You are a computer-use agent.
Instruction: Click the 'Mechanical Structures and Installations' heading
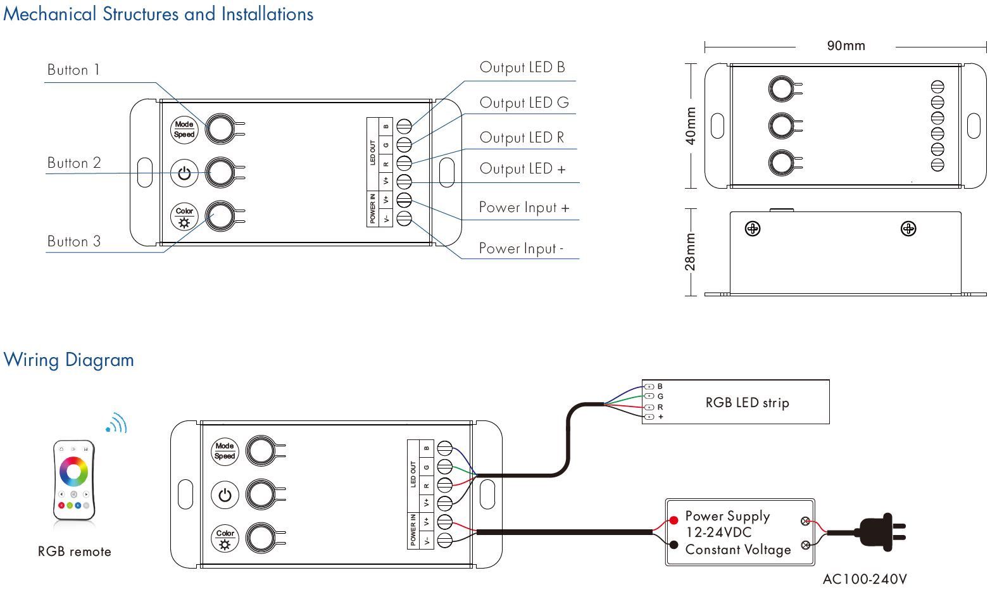(x=158, y=14)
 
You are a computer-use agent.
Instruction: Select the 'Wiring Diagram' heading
(x=68, y=360)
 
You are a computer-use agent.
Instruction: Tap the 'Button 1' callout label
(x=73, y=70)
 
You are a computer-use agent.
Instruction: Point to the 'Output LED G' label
(x=524, y=103)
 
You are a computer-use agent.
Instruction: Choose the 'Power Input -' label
(x=521, y=248)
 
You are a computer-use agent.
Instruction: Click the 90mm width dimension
(x=846, y=46)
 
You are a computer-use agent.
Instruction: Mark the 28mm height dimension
(x=690, y=251)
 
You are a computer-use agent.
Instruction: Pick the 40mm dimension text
(x=691, y=125)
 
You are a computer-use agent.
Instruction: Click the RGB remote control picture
(x=74, y=480)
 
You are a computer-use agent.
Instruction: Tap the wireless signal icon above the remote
(x=117, y=423)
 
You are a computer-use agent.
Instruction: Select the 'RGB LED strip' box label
(x=747, y=403)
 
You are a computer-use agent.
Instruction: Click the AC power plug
(x=880, y=532)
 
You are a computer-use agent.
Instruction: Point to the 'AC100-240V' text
(x=865, y=579)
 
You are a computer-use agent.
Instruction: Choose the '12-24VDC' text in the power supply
(x=719, y=532)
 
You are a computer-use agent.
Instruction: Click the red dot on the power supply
(x=674, y=520)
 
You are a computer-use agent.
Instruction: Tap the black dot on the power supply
(x=674, y=545)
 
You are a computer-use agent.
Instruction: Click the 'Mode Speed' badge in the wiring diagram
(x=225, y=451)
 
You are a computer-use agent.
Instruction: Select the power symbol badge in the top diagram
(x=184, y=173)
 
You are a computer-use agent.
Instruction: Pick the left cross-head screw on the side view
(x=753, y=229)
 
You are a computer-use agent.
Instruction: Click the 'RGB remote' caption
(x=74, y=551)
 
